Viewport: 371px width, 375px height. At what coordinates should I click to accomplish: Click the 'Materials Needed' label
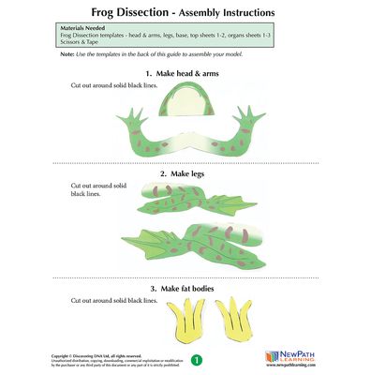click(84, 30)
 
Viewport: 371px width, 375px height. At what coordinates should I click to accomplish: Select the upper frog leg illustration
click(197, 197)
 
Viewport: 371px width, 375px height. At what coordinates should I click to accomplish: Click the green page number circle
click(196, 358)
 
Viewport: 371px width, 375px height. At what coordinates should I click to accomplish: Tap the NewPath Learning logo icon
click(271, 357)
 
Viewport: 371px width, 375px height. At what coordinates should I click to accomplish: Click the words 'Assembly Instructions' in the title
click(222, 12)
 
